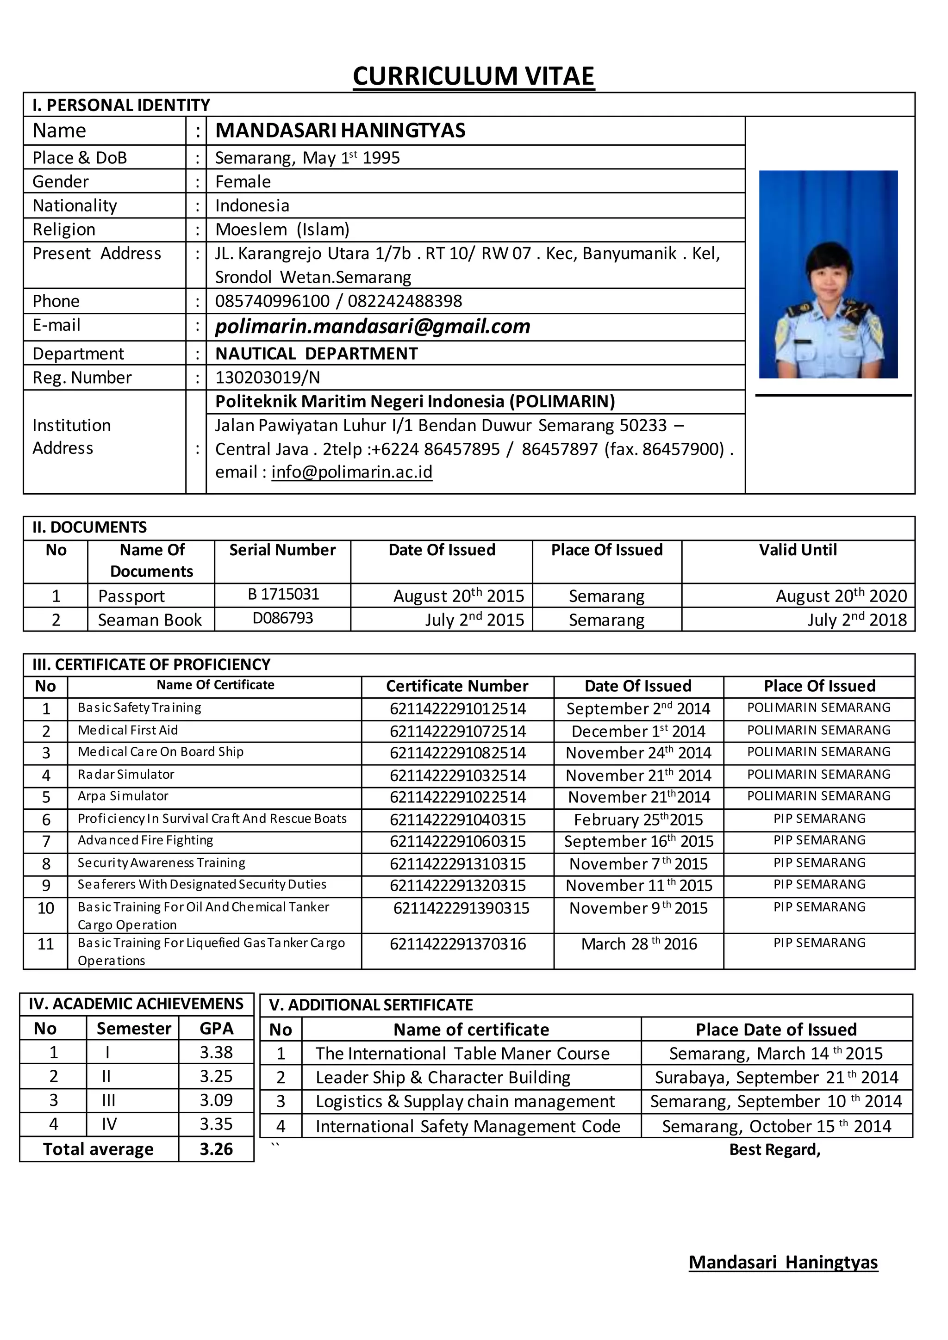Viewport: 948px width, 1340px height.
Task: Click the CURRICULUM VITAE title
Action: [x=474, y=76]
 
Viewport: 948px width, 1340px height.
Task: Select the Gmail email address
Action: [x=373, y=326]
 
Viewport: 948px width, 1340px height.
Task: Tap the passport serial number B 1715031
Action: [x=283, y=594]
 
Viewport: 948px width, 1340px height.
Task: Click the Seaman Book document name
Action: [x=150, y=620]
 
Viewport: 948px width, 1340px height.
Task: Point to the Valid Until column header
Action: [x=798, y=550]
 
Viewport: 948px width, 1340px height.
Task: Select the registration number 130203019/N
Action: [x=268, y=378]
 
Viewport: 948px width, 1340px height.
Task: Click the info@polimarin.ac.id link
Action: [x=351, y=471]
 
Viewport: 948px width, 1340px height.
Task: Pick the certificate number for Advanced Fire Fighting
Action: [x=458, y=841]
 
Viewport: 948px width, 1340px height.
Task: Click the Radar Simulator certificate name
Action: [x=126, y=775]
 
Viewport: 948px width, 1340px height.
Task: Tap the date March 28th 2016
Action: [x=639, y=944]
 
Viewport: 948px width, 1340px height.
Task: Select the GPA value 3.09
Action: [x=216, y=1100]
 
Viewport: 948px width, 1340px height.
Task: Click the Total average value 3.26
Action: [x=216, y=1149]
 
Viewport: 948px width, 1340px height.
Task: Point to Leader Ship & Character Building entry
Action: [x=443, y=1077]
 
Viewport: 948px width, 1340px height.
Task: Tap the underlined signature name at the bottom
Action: [x=783, y=1262]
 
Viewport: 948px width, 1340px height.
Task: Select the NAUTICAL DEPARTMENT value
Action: [x=317, y=354]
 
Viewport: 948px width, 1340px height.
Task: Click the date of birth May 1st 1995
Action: [x=351, y=158]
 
